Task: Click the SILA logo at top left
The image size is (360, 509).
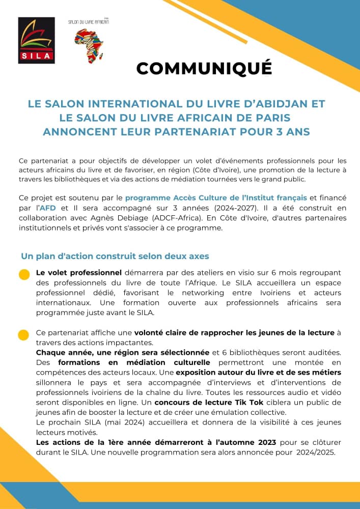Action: [36, 40]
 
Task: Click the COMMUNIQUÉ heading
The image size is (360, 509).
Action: [204, 69]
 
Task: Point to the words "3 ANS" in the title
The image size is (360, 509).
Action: [292, 132]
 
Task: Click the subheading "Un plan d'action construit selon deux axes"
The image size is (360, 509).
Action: [115, 256]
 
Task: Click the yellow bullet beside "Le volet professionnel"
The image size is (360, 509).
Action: [24, 275]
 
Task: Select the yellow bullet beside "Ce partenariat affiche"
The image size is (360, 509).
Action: [23, 335]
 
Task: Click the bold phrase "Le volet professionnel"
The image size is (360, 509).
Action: [78, 273]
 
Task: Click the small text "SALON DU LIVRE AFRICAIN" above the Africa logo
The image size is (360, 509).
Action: [88, 22]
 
